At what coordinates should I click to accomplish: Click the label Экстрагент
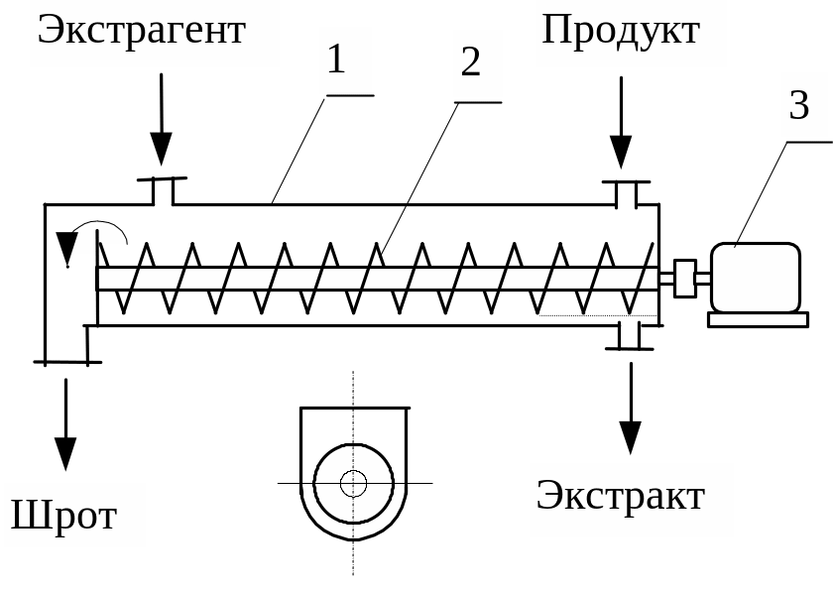coord(141,30)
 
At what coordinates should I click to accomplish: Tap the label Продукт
coord(621,30)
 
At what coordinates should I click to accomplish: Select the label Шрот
coord(64,515)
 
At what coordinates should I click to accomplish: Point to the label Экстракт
coord(621,495)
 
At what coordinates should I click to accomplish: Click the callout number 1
coord(337,59)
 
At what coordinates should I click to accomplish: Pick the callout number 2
coord(471,63)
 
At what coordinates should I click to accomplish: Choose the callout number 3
coord(799,105)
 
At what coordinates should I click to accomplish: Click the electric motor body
coord(756,278)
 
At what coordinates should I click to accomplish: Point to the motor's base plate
coord(758,319)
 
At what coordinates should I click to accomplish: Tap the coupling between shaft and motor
coord(684,278)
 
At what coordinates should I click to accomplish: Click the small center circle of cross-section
coord(353,483)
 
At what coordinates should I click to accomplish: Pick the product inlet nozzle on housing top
coord(627,194)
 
